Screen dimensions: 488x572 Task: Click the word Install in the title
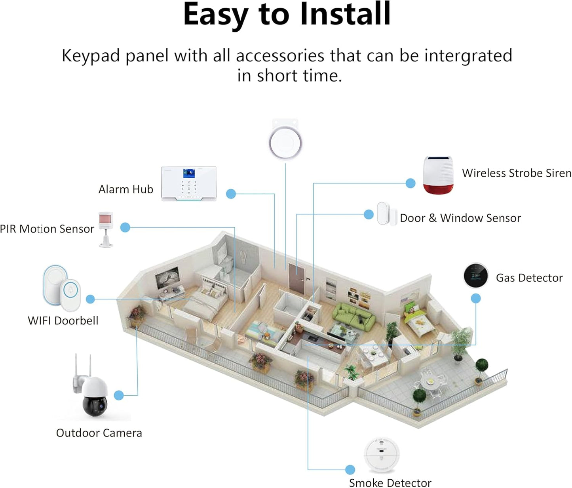(x=345, y=15)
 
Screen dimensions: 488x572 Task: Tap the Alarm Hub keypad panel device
(x=189, y=184)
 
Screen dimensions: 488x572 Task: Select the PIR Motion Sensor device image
(x=106, y=229)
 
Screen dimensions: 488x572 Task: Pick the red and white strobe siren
(x=438, y=175)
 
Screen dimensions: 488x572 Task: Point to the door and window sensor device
(x=387, y=214)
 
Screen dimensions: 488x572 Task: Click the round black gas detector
(x=475, y=275)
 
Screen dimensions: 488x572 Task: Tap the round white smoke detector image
(x=381, y=455)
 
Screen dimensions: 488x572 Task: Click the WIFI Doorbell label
(x=63, y=320)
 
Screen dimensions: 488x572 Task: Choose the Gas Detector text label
(x=529, y=278)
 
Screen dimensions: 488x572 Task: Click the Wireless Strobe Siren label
(x=517, y=173)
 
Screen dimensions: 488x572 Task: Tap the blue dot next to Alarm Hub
(x=231, y=194)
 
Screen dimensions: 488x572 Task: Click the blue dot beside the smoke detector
(x=350, y=470)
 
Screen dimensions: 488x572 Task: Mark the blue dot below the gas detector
(x=476, y=298)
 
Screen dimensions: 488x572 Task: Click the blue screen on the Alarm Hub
(x=189, y=173)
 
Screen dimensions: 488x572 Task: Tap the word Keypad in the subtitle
(x=91, y=56)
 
